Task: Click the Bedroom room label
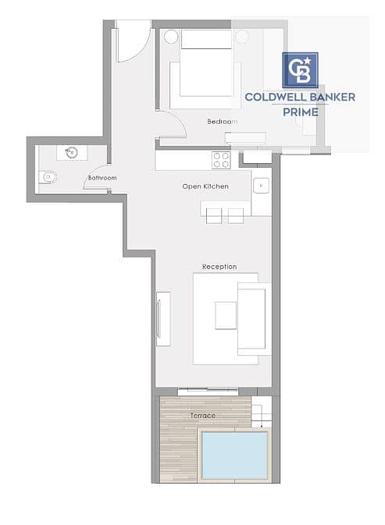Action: coord(222,122)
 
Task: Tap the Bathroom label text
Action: coord(102,178)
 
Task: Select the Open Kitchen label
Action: coord(205,186)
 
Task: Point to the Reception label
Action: coord(219,267)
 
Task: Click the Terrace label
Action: coord(203,415)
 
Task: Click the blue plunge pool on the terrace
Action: coord(234,456)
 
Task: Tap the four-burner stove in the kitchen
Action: coord(221,160)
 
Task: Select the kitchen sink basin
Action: coord(261,186)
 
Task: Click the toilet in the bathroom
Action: coord(48,177)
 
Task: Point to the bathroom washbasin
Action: coord(71,152)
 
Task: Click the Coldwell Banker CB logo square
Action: coord(300,70)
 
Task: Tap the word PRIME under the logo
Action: coord(301,112)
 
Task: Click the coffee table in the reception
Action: coord(226,315)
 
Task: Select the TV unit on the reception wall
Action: coord(163,319)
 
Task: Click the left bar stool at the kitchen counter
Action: coord(214,215)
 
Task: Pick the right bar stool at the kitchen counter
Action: coord(236,215)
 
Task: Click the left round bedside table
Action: coord(171,37)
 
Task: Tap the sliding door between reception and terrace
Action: coord(208,390)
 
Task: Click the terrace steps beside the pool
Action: coord(261,412)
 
